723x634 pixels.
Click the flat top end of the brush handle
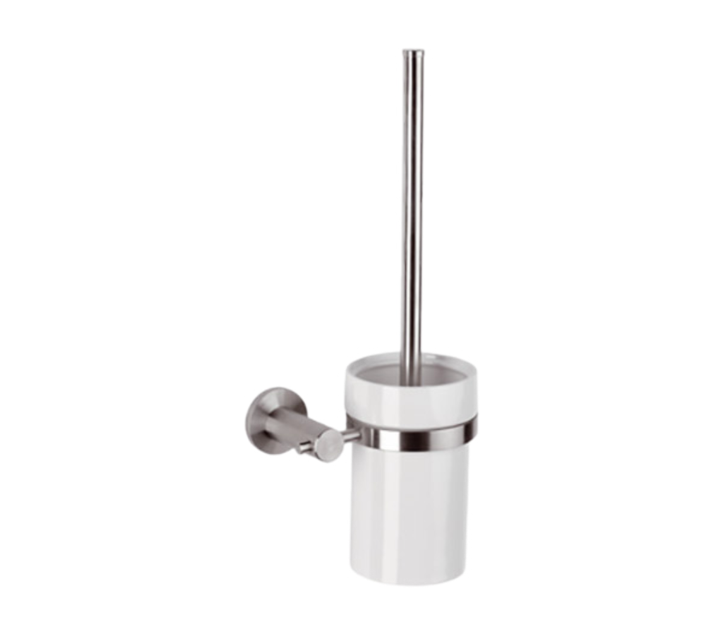pos(414,49)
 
